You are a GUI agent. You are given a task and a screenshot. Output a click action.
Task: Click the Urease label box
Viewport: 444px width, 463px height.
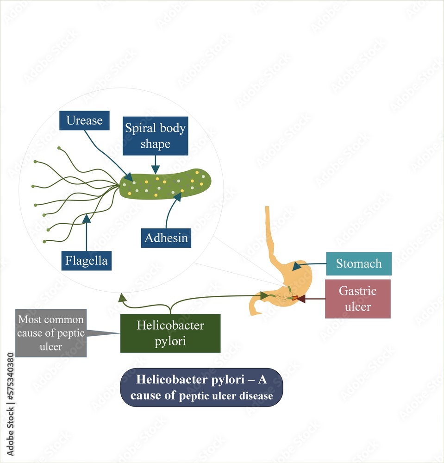point(84,120)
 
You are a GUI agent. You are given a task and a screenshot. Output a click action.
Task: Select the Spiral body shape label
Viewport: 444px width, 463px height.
point(155,136)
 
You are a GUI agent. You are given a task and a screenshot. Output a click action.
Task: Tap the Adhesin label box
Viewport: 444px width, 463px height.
point(166,238)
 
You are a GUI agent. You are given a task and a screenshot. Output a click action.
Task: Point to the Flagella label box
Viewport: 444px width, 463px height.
point(87,261)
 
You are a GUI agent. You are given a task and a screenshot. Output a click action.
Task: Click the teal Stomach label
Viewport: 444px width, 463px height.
point(359,263)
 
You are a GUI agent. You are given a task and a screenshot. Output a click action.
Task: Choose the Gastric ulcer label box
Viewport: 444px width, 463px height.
point(357,299)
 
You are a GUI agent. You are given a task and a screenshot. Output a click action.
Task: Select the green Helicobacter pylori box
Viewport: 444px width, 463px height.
point(170,333)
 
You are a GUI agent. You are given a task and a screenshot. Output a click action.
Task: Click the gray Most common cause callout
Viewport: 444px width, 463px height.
point(51,333)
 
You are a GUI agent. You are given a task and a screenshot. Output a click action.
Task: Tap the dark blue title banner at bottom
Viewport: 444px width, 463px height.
point(201,388)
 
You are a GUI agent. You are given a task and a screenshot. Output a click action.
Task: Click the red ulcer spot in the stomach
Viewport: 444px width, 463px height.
point(294,299)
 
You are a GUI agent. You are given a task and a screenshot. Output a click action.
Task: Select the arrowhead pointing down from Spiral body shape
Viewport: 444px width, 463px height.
point(156,170)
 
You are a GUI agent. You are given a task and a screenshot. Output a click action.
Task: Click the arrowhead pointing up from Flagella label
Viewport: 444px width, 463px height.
point(87,218)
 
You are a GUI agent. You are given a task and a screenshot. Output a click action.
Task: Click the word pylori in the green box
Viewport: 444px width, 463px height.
point(170,341)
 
